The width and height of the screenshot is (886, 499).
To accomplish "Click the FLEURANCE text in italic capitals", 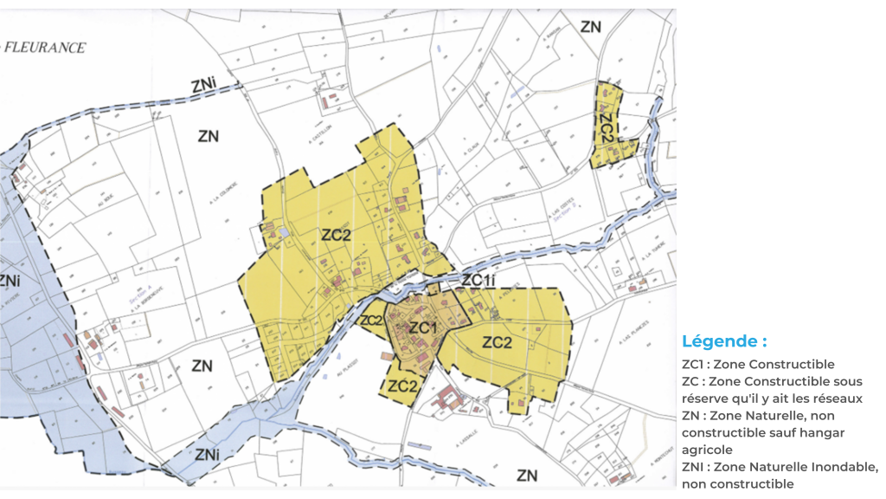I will [x=45, y=48].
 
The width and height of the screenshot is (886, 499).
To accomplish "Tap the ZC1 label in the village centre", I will [x=422, y=327].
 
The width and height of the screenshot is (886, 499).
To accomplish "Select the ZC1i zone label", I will [x=478, y=281].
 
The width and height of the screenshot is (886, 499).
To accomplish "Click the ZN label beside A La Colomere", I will [x=208, y=136].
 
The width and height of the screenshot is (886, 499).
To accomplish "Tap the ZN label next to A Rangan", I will [x=590, y=27].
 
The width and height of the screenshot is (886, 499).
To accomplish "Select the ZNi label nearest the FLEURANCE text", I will [x=204, y=85].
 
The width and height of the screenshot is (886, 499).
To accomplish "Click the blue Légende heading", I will [x=724, y=341].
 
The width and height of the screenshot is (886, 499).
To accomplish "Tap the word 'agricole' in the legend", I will [x=707, y=450].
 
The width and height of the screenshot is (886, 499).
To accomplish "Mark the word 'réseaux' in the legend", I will [x=838, y=398].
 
